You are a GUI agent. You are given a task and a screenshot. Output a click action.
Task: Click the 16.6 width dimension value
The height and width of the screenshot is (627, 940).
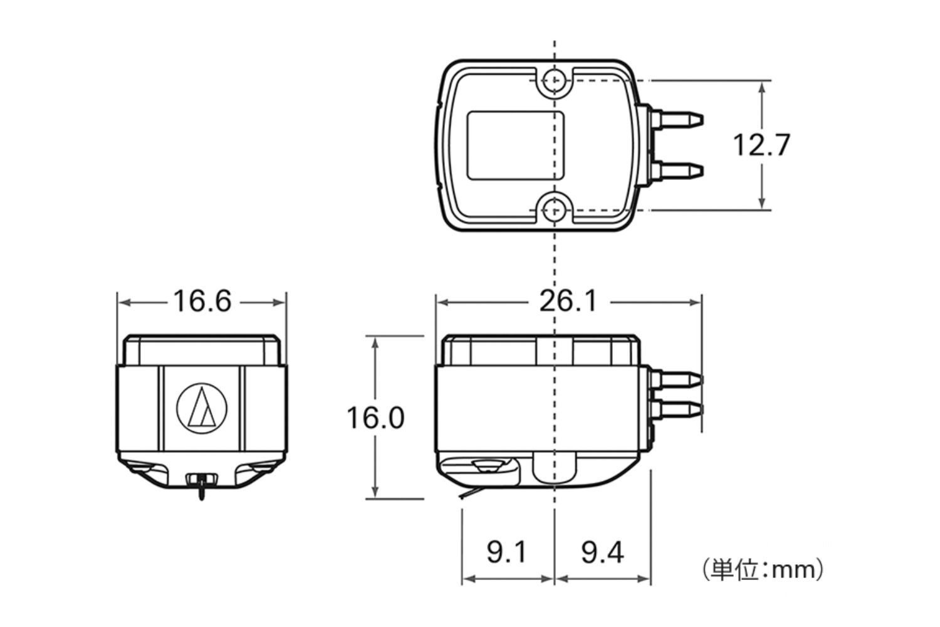[202, 302]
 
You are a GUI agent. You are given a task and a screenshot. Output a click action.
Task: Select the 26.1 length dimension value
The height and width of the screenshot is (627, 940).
[569, 302]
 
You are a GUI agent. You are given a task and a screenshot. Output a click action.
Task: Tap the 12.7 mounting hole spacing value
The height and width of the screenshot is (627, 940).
[761, 145]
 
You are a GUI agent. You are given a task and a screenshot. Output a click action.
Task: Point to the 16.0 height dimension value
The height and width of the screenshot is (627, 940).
[375, 418]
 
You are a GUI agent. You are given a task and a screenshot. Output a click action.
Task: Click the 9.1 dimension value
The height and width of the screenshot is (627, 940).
[507, 552]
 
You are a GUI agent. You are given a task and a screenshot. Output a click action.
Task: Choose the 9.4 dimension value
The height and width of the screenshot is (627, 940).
[602, 552]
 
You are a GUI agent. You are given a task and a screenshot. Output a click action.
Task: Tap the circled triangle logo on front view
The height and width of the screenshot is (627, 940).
[201, 408]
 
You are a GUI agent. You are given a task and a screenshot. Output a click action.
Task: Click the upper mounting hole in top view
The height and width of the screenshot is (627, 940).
[554, 80]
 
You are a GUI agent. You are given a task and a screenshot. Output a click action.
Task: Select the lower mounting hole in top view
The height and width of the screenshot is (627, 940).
[554, 209]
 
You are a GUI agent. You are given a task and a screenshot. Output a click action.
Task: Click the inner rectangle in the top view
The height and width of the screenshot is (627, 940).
[516, 145]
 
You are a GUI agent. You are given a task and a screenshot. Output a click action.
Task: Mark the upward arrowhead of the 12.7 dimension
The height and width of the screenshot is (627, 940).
[761, 87]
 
